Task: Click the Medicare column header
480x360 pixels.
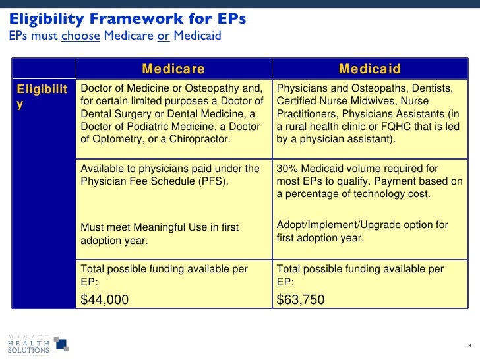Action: click(x=173, y=69)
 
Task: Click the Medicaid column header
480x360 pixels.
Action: click(x=369, y=69)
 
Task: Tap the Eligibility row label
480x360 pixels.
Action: click(x=42, y=96)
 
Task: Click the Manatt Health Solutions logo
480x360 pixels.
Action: click(x=37, y=342)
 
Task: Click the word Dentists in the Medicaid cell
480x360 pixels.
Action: click(x=429, y=89)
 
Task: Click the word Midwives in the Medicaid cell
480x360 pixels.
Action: click(x=382, y=102)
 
